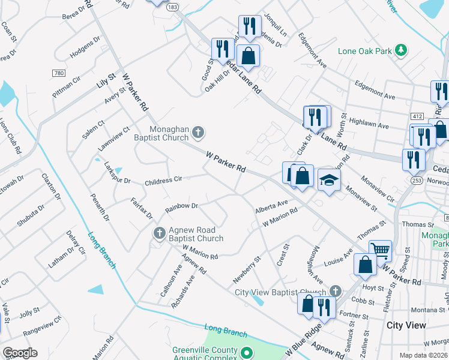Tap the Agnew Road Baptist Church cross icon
point(159,232)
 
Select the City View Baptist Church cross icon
point(335,292)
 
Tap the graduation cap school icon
point(329,179)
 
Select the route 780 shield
point(58,73)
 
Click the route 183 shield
point(173,7)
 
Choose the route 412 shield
point(417,115)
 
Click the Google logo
point(20,353)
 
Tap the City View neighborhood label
point(406,325)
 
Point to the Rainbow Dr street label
point(182,208)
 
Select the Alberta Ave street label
point(271,206)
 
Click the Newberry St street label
point(247,272)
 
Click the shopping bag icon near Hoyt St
point(366,265)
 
